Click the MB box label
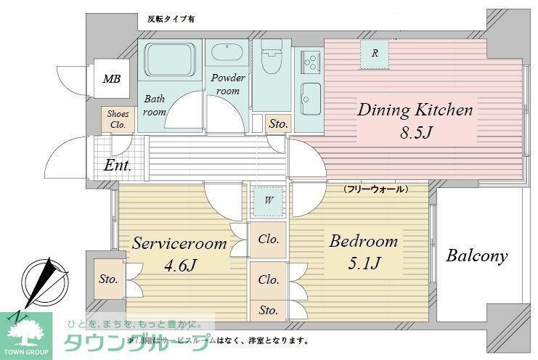[111, 79]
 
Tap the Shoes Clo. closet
[118, 119]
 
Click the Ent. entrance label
[118, 165]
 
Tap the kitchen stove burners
[309, 59]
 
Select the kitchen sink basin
[311, 96]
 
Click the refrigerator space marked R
[375, 53]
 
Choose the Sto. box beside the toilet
[277, 124]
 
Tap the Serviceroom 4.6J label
[179, 254]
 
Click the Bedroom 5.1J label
[363, 251]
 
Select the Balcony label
[476, 255]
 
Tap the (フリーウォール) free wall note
[375, 189]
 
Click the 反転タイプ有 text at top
[171, 19]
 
